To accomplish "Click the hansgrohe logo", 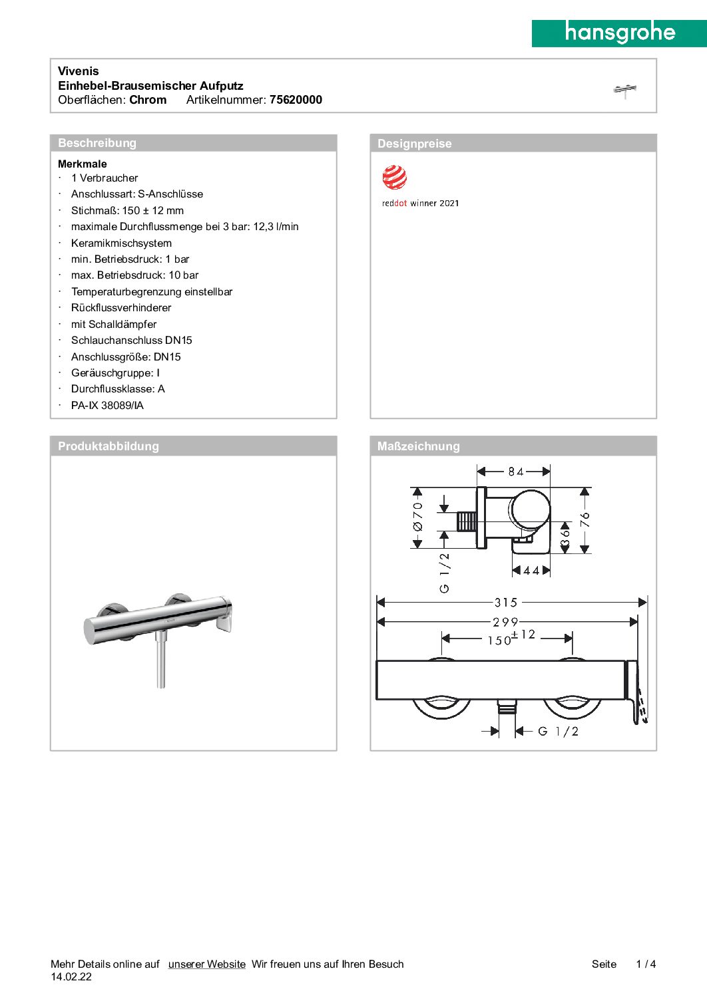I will (619, 33).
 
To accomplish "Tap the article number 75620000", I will (296, 100).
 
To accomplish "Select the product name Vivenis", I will (79, 71).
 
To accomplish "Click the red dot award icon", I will (394, 178).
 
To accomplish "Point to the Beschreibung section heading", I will (97, 143).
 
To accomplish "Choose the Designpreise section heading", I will (414, 144).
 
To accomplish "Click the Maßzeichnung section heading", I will (418, 446).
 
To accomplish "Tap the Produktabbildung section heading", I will (109, 446).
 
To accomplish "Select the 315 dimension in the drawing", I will (506, 603).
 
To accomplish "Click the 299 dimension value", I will (505, 622).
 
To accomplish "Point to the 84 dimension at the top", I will (516, 472).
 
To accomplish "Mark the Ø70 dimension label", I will (418, 517).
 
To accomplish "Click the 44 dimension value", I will (531, 571).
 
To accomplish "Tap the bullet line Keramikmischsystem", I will (121, 243).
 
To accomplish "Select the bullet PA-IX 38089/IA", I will (107, 406).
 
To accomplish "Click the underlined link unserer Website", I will (206, 964).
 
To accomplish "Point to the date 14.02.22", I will (71, 977).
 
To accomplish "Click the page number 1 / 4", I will (646, 964).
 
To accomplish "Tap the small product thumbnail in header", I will (624, 90).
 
